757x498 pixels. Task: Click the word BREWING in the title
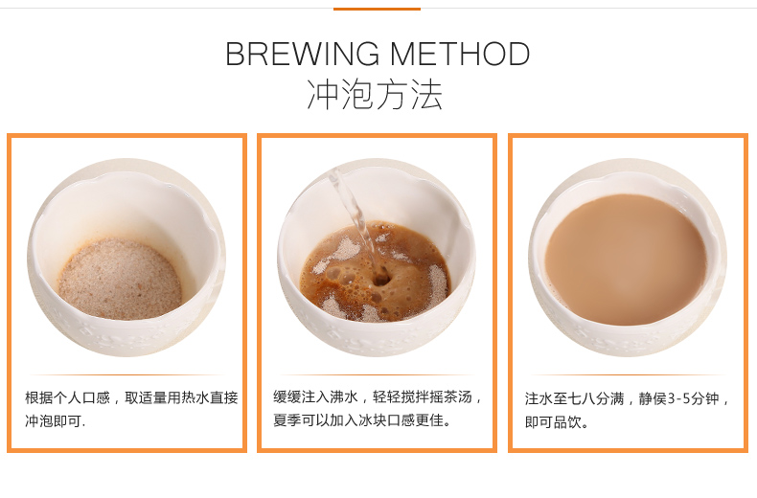(302, 54)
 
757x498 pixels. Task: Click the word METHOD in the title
(460, 54)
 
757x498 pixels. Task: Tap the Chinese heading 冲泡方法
(375, 95)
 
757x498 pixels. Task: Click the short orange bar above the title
(377, 9)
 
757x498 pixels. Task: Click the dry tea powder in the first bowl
(120, 279)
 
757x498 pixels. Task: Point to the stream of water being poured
(355, 217)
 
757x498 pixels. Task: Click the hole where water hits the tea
(381, 279)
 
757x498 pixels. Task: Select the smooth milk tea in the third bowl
(626, 260)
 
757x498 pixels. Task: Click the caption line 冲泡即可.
(55, 421)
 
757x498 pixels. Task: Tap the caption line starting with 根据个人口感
(131, 397)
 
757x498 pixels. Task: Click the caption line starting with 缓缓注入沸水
(378, 396)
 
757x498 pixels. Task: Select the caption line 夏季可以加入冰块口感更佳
(362, 419)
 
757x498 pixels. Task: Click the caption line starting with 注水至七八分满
(627, 398)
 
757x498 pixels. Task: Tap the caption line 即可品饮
(557, 422)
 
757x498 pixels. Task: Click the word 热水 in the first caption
(196, 397)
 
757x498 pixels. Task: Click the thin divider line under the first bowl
(126, 374)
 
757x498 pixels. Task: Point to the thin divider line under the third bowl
(628, 374)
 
